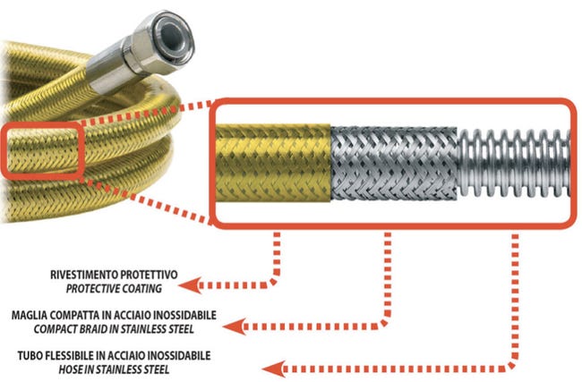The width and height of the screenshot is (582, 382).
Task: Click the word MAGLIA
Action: coord(29,315)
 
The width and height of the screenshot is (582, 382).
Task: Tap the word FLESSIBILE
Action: coord(71,355)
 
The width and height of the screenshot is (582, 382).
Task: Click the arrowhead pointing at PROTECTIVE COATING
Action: coord(185,285)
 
